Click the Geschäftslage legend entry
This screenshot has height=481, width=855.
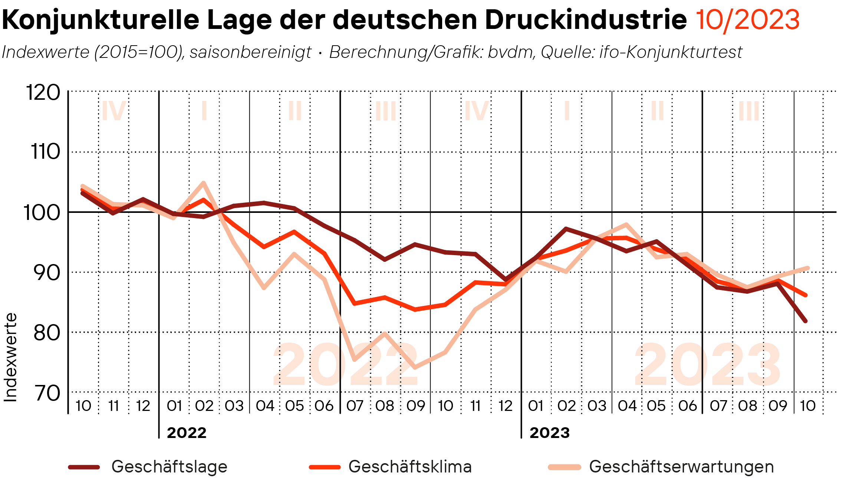[x=169, y=467]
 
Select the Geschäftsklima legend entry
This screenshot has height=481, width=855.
[x=410, y=467]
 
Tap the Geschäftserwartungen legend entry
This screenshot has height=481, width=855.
[x=681, y=467]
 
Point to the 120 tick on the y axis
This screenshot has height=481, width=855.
[x=43, y=92]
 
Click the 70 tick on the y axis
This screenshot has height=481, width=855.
[x=47, y=393]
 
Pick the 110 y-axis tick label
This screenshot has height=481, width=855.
[x=45, y=152]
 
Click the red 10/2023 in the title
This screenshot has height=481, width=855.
[x=747, y=20]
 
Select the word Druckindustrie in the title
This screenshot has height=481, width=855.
[x=586, y=20]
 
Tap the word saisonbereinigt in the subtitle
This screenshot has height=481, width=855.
[x=250, y=52]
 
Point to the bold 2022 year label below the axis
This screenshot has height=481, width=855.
[x=187, y=433]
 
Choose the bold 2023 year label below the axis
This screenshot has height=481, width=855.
[x=549, y=433]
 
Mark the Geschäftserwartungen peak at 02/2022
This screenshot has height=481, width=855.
[x=203, y=183]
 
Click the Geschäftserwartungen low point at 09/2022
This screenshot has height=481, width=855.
[x=414, y=368]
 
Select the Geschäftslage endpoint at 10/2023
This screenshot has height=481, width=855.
[x=805, y=321]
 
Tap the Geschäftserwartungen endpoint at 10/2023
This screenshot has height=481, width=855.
[x=808, y=268]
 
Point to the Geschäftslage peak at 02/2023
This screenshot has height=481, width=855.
[x=566, y=229]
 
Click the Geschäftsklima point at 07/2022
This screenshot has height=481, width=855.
[x=355, y=303]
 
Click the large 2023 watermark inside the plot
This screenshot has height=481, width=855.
[x=707, y=365]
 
